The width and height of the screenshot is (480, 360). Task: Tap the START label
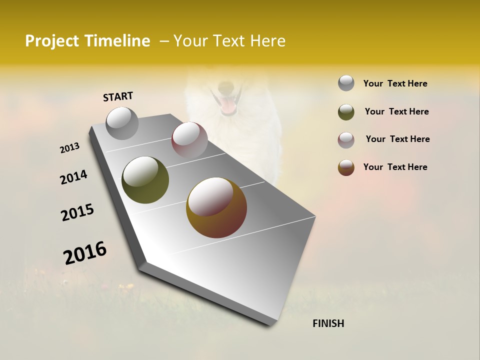click(x=118, y=96)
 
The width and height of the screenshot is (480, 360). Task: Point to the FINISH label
click(x=328, y=323)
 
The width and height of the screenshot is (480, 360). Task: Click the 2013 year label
click(x=69, y=148)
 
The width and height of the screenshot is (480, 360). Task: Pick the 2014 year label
click(x=73, y=177)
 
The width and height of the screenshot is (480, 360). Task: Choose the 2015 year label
click(x=77, y=212)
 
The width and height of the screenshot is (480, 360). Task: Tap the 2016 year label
click(x=85, y=252)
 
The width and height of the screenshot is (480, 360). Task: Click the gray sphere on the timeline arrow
click(x=122, y=123)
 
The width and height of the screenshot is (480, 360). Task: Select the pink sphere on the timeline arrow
click(x=189, y=140)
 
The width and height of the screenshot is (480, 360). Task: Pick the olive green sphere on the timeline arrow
click(x=145, y=180)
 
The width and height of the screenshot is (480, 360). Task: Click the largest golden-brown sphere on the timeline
click(x=216, y=207)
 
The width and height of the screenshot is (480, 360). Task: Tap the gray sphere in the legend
click(x=346, y=83)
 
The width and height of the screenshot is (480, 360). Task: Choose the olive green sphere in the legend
click(x=346, y=112)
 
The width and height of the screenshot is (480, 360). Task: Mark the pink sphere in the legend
click(x=346, y=140)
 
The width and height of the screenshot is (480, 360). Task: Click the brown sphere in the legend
click(x=346, y=167)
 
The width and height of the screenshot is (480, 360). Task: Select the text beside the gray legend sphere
click(x=395, y=83)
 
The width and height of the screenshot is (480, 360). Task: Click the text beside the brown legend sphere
click(x=395, y=167)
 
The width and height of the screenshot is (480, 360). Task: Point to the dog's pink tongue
click(x=229, y=106)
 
